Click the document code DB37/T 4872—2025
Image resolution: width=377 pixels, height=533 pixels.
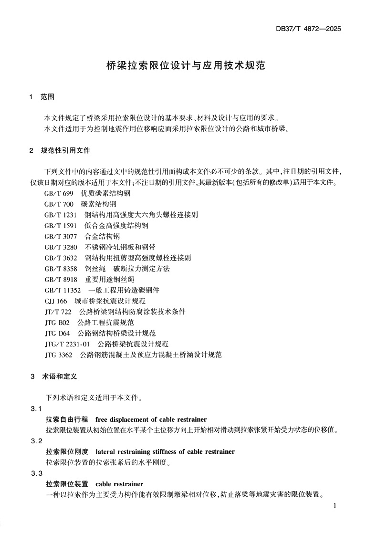[x=308, y=28]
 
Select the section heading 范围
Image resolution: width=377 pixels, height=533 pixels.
[x=47, y=97]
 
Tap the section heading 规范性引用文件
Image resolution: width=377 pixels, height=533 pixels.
[x=65, y=151]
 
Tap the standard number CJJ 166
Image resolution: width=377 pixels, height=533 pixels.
[x=56, y=301]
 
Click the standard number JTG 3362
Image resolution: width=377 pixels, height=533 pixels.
[x=58, y=355]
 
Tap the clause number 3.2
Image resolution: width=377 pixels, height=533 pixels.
[x=36, y=440]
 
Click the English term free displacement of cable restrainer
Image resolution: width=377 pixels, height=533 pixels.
[x=151, y=419]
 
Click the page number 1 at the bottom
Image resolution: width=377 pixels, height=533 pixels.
[x=335, y=505]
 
